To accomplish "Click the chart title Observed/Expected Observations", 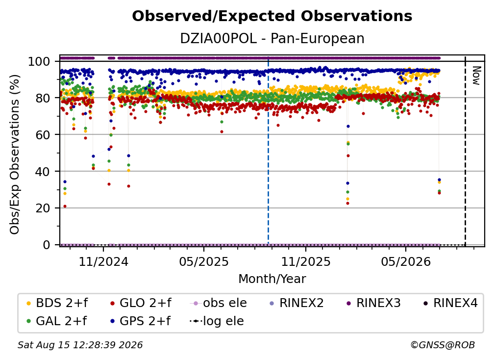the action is tap(272, 16).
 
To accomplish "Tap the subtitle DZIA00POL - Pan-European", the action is tap(272, 38).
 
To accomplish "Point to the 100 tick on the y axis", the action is tap(39, 61).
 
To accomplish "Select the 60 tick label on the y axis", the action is tap(43, 134).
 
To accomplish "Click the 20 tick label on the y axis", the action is tap(43, 208).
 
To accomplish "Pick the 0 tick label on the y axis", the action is tap(46, 245).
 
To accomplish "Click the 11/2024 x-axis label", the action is tap(103, 261).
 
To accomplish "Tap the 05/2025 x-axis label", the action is tap(204, 261).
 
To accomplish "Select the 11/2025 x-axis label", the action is tap(306, 261).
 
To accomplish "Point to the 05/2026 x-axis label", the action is tap(405, 261).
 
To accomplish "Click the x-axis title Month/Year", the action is tap(272, 279).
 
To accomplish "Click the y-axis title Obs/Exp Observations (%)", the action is tap(15, 154).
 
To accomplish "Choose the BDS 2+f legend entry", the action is tap(57, 303).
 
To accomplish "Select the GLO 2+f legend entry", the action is tap(141, 303).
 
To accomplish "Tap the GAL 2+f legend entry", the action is tap(57, 321).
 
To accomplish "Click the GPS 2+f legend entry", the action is tap(140, 321).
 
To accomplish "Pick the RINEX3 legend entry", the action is tap(373, 303).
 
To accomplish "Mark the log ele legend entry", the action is tap(217, 321).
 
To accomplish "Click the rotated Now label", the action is tap(476, 76).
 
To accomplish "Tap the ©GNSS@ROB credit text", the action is tap(443, 345).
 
